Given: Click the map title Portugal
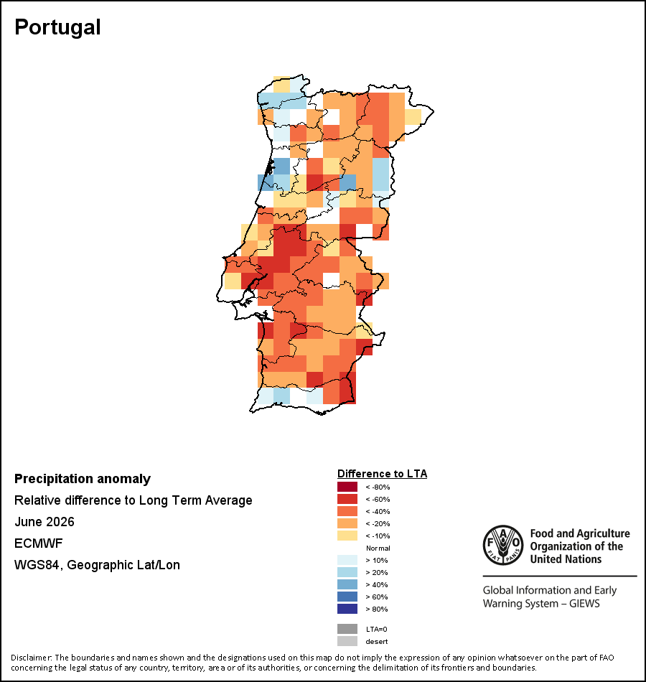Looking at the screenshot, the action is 57,27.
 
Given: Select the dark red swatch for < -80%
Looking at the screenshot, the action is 347,487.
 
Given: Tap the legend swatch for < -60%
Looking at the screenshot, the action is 347,499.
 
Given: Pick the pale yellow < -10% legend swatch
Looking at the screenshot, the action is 347,536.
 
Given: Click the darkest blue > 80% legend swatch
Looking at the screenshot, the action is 347,609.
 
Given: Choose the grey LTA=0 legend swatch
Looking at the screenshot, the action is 347,629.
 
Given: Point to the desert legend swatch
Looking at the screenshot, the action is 347,641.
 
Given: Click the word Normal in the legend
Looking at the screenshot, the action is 378,548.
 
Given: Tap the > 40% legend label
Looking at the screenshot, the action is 377,584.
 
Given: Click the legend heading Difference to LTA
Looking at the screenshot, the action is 382,474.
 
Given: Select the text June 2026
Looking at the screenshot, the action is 45,521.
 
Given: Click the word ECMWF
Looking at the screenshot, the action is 39,543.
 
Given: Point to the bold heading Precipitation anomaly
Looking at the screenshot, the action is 83,479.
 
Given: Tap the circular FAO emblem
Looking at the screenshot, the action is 503,545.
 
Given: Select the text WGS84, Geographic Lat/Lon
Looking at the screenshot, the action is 97,565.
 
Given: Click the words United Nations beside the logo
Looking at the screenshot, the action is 566,559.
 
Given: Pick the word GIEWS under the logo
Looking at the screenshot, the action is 584,604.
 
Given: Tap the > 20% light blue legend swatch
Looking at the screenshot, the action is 347,572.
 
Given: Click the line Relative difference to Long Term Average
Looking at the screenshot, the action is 133,500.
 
